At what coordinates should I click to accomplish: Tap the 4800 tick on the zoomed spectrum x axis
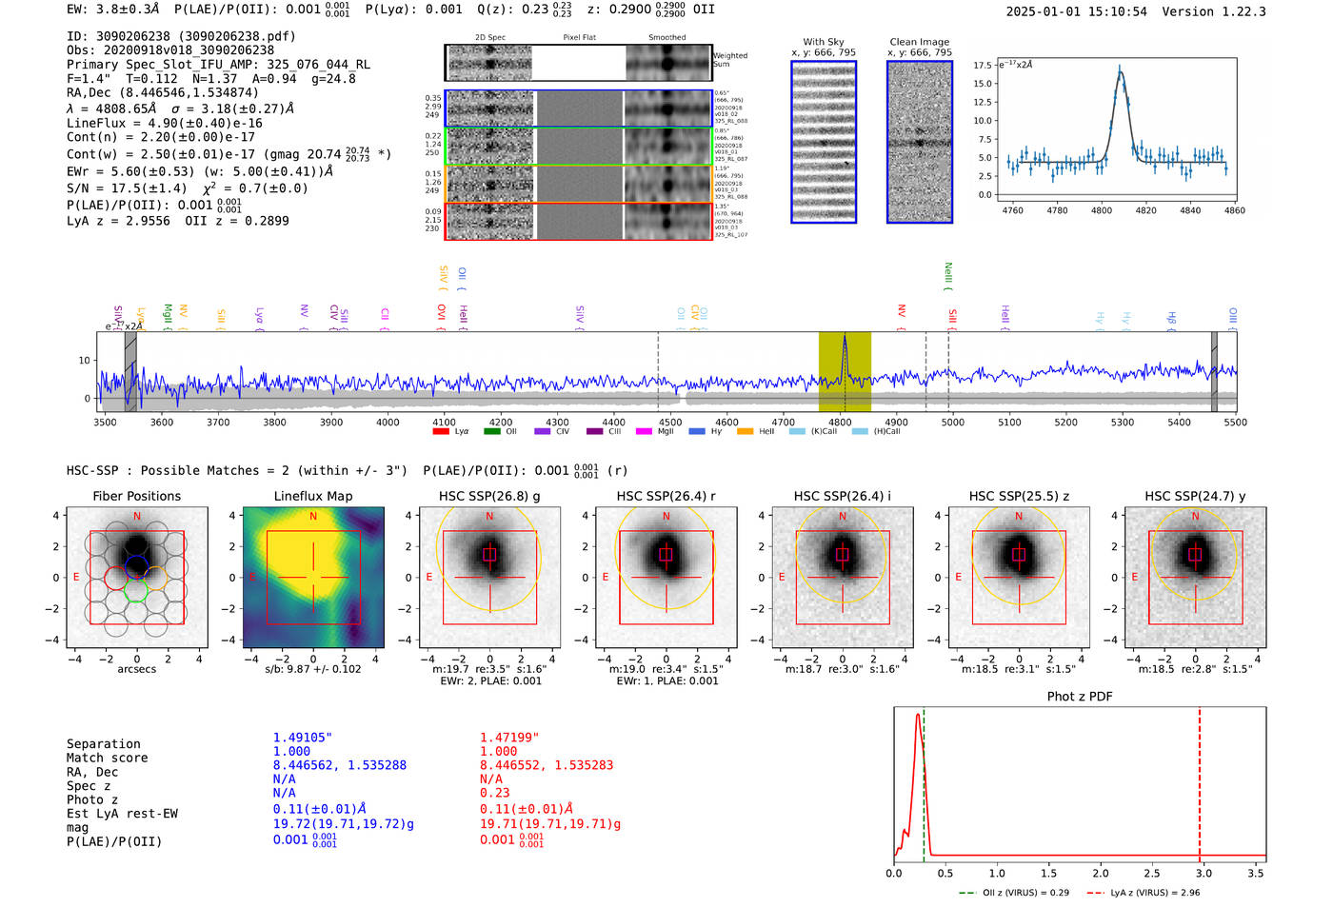(1102, 210)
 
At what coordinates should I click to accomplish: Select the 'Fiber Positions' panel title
(136, 496)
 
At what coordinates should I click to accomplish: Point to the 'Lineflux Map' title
(313, 496)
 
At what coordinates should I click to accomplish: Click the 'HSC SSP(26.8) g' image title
(489, 496)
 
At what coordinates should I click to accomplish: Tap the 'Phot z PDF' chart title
(1080, 697)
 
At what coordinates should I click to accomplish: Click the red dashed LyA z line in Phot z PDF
(1200, 780)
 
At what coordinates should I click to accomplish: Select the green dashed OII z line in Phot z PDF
(924, 780)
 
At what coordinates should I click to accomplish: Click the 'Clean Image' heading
(919, 42)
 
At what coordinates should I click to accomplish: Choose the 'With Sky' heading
(824, 42)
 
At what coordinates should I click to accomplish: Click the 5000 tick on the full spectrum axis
(953, 423)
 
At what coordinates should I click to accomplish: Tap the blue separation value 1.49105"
(303, 738)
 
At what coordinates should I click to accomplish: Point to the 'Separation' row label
(103, 744)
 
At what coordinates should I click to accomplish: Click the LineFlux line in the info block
(164, 124)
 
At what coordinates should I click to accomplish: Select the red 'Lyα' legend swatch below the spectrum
(441, 432)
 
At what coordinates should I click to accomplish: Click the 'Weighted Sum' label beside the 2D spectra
(730, 60)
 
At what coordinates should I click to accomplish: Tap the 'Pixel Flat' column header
(579, 38)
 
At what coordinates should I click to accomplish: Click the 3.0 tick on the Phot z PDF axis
(1204, 873)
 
